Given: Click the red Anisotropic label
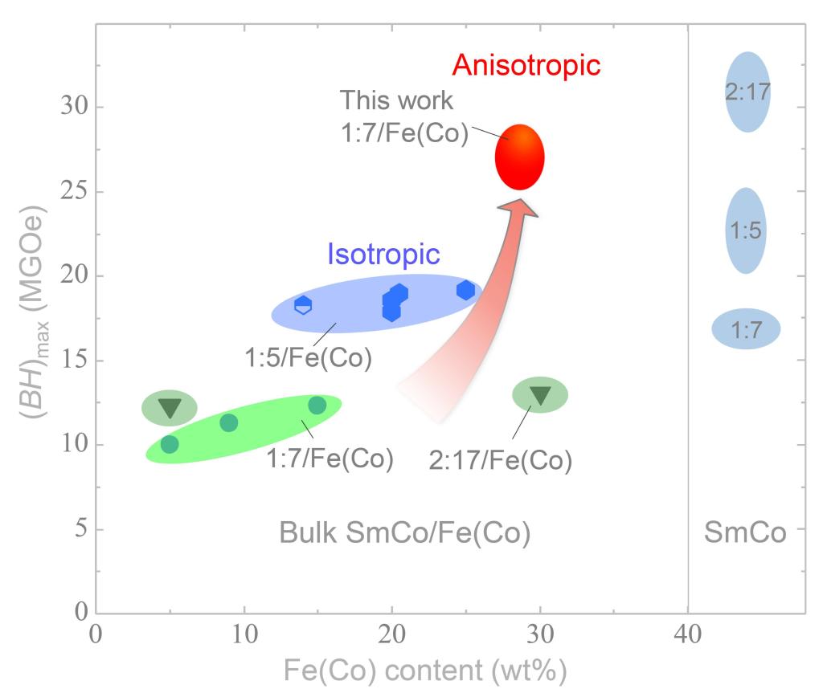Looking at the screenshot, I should [526, 65].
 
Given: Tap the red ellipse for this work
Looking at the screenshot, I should [520, 157].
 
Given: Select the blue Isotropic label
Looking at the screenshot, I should [383, 255].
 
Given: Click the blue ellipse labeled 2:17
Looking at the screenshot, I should [747, 92].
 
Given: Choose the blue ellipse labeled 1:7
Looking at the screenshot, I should [746, 328].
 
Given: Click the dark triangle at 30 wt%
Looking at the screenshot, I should [540, 394].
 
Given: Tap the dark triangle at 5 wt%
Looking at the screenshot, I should [170, 407].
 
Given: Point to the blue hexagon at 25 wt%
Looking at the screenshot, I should [465, 290].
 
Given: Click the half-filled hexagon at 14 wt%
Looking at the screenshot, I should [303, 305].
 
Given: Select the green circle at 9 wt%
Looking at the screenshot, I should [228, 422].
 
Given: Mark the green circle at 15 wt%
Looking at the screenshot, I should [317, 405].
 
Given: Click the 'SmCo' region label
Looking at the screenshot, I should [745, 532].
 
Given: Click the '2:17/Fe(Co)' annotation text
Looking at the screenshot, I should [500, 461].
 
